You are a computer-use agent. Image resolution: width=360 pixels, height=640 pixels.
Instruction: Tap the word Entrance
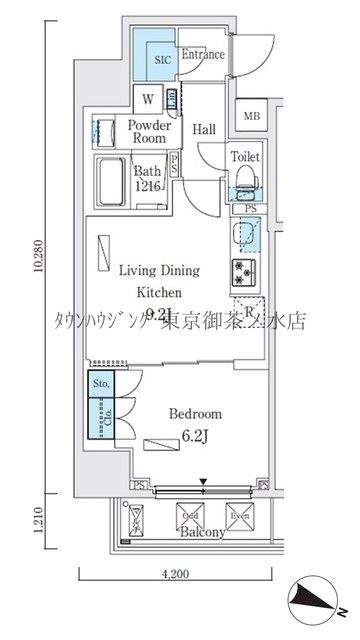point(202,55)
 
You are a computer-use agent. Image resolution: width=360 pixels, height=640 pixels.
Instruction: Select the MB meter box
point(252,117)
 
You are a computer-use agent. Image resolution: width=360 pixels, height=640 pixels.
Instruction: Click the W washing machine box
point(148,98)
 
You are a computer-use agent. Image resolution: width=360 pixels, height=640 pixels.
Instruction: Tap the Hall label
point(205,129)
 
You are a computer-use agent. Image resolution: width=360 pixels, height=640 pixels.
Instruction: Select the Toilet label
point(245,157)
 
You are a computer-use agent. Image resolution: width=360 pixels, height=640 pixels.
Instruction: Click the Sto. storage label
point(101,382)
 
